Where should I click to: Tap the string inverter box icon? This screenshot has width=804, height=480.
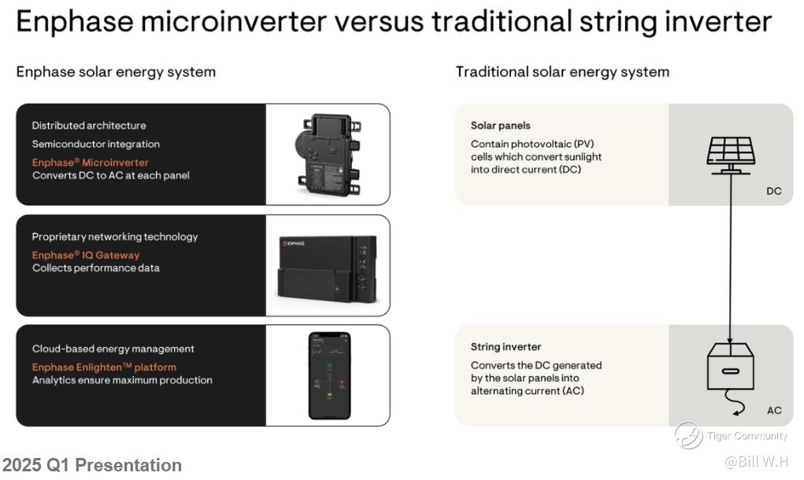[731, 367]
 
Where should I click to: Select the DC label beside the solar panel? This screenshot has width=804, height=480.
[774, 191]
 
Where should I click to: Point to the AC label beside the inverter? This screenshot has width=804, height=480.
[774, 410]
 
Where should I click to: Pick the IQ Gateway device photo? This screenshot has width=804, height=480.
[328, 268]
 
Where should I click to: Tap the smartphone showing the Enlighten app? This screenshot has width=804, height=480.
[330, 376]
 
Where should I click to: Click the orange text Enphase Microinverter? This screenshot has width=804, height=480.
[91, 162]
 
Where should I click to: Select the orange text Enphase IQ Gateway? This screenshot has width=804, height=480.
[86, 255]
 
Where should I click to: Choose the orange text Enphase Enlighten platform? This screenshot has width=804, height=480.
[104, 367]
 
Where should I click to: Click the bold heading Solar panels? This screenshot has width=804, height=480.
[501, 125]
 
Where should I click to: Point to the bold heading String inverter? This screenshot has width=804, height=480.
[506, 347]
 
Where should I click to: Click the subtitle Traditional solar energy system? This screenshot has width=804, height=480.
[562, 72]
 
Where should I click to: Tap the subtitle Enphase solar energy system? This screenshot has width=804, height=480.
[116, 72]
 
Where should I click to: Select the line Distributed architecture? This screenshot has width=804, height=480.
[89, 125]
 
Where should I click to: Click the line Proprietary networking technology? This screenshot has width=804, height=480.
[115, 237]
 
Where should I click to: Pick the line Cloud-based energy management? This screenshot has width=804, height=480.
[113, 349]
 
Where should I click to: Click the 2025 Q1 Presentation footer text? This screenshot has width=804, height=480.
[92, 464]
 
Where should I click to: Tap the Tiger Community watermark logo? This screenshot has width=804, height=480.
[688, 435]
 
